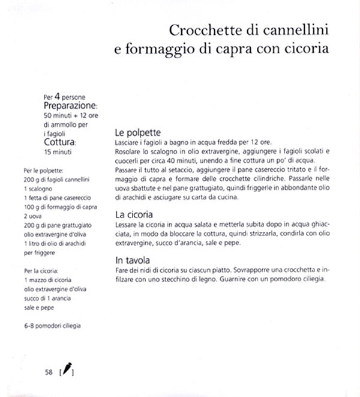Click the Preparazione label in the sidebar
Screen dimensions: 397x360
coord(71,105)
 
